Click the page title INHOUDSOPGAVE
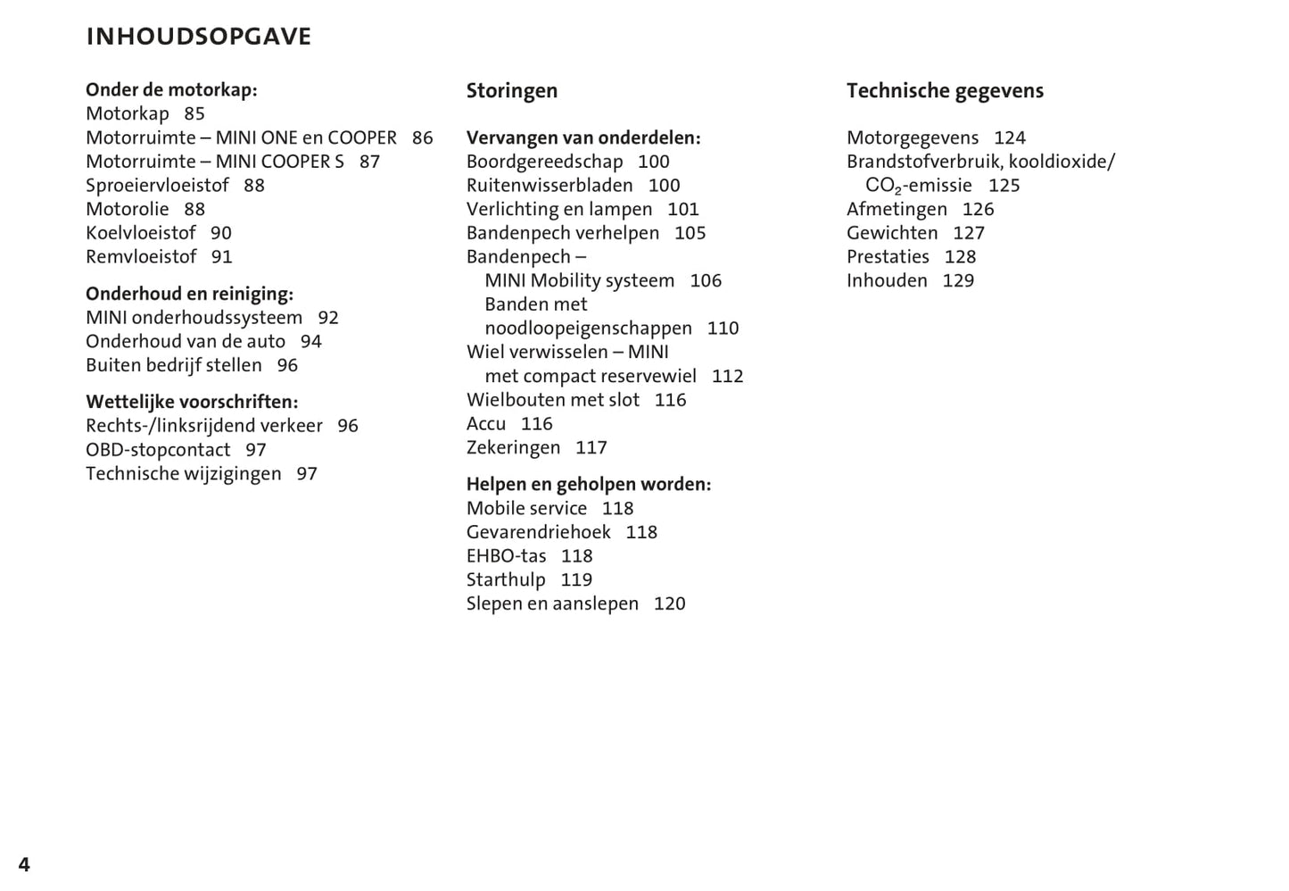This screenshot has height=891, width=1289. pyautogui.click(x=198, y=37)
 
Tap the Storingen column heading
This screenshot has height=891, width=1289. pyautogui.click(x=511, y=91)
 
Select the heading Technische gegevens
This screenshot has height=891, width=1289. pyautogui.click(x=945, y=91)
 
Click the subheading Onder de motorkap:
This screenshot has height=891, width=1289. pyautogui.click(x=171, y=89)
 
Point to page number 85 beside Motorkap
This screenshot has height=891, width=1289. pyautogui.click(x=194, y=113)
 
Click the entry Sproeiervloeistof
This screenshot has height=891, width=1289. pyautogui.click(x=157, y=186)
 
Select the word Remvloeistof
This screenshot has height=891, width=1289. pyautogui.click(x=141, y=257)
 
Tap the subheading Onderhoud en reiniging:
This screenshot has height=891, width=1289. pyautogui.click(x=189, y=294)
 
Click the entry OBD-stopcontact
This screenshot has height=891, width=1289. pyautogui.click(x=158, y=450)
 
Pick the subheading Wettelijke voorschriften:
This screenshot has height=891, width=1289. pyautogui.click(x=192, y=402)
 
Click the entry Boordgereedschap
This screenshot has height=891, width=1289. pyautogui.click(x=544, y=162)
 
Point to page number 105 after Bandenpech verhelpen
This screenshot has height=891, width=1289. pyautogui.click(x=690, y=233)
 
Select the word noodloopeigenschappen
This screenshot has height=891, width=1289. pyautogui.click(x=588, y=329)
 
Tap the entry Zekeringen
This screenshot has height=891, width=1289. pyautogui.click(x=513, y=447)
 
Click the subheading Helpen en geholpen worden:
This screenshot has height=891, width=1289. pyautogui.click(x=589, y=485)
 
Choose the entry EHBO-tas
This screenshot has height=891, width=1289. pyautogui.click(x=506, y=556)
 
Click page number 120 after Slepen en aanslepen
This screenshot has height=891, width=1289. pyautogui.click(x=669, y=604)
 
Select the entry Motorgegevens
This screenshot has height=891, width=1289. pyautogui.click(x=913, y=138)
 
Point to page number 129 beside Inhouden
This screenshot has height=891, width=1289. pyautogui.click(x=958, y=280)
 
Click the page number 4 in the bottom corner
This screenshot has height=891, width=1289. pyautogui.click(x=24, y=864)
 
